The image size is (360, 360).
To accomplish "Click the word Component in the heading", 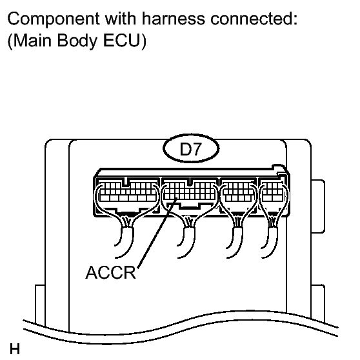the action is click(54, 19).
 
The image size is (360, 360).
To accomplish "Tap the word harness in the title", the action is click(174, 18).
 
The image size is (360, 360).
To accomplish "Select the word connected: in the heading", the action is click(254, 18).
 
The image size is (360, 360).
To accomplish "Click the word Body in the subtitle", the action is click(77, 41).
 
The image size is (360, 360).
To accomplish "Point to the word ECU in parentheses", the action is click(125, 41).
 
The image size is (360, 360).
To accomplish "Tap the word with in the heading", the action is click(121, 18).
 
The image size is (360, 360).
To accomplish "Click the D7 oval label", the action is click(191, 148).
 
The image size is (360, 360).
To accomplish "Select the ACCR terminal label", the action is click(111, 272).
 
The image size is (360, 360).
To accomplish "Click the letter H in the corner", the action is click(15, 349).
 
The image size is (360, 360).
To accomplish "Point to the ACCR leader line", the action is click(157, 232).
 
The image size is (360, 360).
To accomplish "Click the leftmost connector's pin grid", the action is click(128, 192).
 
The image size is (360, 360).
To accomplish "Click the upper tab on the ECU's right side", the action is click(318, 206).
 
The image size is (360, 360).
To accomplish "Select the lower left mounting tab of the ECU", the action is click(40, 305).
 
